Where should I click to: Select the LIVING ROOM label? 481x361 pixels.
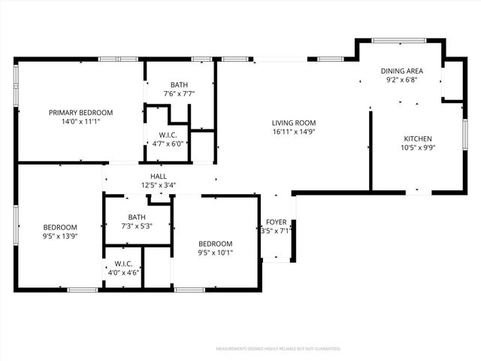[294, 123]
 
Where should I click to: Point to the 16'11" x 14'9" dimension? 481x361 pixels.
[294, 132]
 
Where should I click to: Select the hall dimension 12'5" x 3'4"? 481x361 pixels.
[159, 185]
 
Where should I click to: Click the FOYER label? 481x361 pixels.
[276, 223]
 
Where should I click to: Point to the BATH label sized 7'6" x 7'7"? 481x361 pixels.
[179, 85]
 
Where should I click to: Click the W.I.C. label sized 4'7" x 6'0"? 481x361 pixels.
[168, 135]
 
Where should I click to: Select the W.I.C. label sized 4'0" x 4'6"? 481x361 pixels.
[123, 264]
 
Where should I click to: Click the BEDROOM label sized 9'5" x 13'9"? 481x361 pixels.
[59, 227]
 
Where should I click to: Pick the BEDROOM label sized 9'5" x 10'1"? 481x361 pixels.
[215, 244]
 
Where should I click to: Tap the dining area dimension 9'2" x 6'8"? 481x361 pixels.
[401, 79]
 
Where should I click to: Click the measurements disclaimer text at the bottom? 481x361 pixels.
[278, 349]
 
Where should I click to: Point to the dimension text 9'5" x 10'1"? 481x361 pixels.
[215, 253]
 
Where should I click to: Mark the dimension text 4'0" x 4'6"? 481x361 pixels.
[123, 272]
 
